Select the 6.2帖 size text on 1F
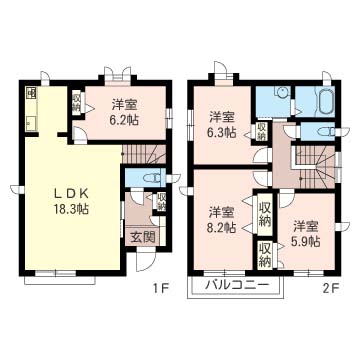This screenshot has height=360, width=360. [x=125, y=121]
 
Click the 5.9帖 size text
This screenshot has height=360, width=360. [x=306, y=241]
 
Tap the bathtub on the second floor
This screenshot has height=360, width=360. [x=324, y=100]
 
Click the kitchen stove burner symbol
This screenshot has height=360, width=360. [x=30, y=94]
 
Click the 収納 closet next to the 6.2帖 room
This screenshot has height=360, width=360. [x=76, y=104]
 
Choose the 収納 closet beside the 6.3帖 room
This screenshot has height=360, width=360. [x=261, y=133]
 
